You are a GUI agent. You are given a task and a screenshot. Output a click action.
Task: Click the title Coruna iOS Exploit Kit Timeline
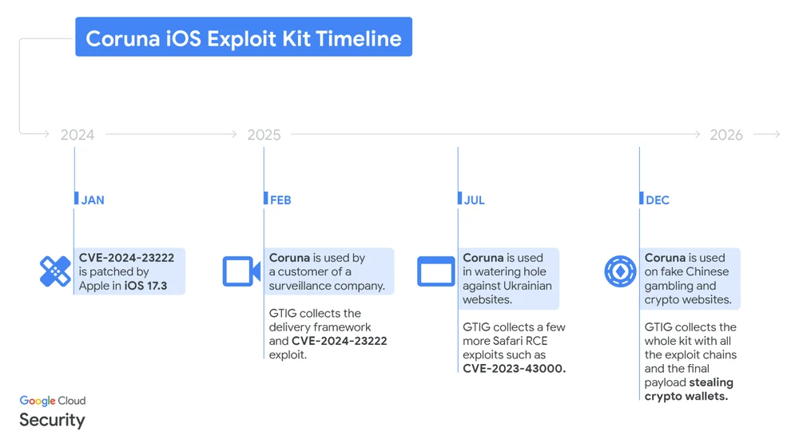244,38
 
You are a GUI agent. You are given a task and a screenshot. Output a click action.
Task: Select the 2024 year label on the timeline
78,135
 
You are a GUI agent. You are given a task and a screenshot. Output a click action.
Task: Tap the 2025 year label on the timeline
264,135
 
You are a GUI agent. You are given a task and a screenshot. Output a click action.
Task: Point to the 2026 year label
726,135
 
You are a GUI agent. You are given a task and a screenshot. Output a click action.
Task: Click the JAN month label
93,200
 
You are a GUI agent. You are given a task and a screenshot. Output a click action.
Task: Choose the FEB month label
280,200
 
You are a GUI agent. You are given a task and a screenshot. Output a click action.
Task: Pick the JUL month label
475,200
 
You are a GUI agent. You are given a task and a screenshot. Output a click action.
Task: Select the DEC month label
658,200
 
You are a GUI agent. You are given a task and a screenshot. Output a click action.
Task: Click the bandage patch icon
55,271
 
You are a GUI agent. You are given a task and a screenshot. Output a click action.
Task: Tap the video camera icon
241,271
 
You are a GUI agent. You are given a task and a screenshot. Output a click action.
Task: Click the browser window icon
436,271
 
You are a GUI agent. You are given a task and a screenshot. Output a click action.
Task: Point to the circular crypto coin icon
620,271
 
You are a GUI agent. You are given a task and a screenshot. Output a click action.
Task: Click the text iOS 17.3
145,286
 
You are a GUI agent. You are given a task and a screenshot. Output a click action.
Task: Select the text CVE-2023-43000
514,369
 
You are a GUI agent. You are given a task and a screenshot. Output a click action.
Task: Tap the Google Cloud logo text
53,401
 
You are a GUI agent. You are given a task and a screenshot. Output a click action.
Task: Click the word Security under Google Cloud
52,420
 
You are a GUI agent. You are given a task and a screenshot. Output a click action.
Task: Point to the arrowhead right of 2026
777,135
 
